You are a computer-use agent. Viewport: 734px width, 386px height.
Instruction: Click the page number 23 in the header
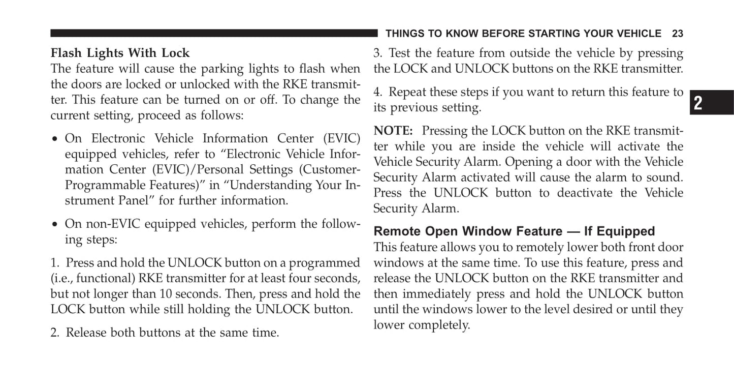[x=677, y=34]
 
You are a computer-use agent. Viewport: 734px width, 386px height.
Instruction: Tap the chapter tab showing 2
[x=712, y=102]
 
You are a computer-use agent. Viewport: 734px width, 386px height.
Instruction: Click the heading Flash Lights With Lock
[x=120, y=53]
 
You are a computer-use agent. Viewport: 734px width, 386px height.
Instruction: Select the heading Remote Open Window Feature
[x=468, y=231]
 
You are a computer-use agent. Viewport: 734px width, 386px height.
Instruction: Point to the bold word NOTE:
[x=393, y=131]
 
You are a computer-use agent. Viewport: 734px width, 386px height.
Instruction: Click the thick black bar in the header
[x=214, y=33]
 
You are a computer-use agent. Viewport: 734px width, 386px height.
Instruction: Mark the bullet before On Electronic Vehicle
[x=55, y=139]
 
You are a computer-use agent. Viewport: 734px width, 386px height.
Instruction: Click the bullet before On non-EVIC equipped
[x=55, y=225]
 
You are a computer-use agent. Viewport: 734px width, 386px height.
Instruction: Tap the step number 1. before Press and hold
[x=55, y=263]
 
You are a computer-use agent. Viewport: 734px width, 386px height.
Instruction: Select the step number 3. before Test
[x=378, y=53]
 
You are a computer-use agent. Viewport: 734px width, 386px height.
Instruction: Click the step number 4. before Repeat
[x=378, y=92]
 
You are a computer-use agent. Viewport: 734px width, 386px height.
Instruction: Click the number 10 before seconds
[x=166, y=294]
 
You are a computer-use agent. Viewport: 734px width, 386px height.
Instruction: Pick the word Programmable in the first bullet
[x=106, y=186]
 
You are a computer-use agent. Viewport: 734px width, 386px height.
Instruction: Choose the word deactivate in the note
[x=585, y=193]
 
